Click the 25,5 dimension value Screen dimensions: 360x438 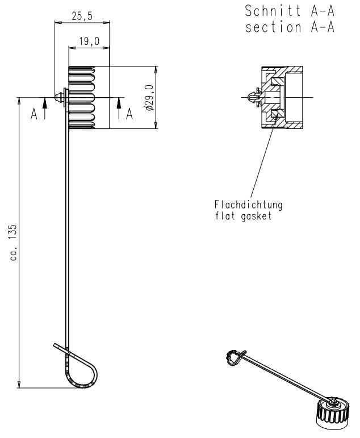pyautogui.click(x=82, y=16)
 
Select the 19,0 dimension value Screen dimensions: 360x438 pyautogui.click(x=89, y=41)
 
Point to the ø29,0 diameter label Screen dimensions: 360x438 pyautogui.click(x=150, y=98)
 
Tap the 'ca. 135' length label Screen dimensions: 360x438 pyautogui.click(x=14, y=242)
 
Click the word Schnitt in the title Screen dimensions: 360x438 pyautogui.click(x=273, y=11)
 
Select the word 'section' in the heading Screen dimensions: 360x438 pyautogui.click(x=274, y=28)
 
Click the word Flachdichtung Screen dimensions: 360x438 pyautogui.click(x=248, y=205)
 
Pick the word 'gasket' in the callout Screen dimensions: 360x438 pyautogui.click(x=256, y=216)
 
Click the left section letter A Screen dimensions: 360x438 pyautogui.click(x=34, y=114)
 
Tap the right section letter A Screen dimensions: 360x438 pyautogui.click(x=129, y=114)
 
